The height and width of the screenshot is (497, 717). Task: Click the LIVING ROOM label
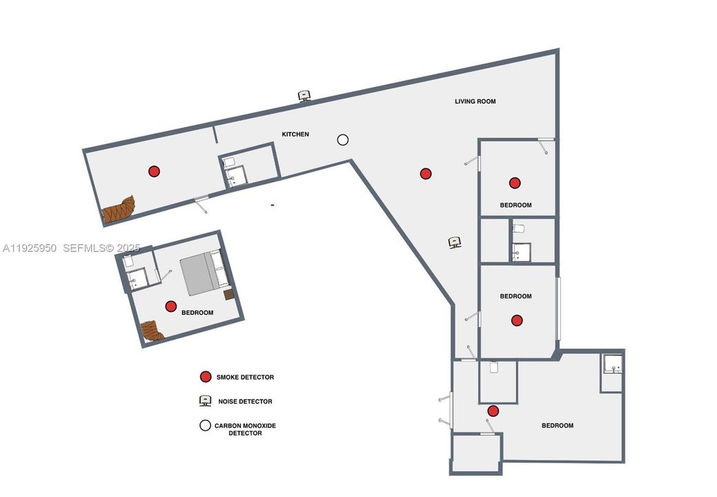[475, 101]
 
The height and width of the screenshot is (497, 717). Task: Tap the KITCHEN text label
[295, 134]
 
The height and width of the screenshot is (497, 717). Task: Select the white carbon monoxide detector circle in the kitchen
[342, 139]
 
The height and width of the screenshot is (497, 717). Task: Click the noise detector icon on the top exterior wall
[304, 96]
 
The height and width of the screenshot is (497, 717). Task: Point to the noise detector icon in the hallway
[455, 242]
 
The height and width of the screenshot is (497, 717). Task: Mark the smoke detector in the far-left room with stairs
[154, 171]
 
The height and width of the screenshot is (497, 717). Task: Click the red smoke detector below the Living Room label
[426, 174]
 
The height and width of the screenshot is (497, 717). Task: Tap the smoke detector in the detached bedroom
[170, 306]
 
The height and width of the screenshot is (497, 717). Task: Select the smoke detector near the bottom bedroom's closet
[493, 411]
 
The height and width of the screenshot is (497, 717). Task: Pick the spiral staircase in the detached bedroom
[151, 331]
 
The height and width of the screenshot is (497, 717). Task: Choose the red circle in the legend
[205, 377]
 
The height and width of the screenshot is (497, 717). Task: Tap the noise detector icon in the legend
[205, 401]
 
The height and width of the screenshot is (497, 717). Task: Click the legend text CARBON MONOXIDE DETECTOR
[245, 429]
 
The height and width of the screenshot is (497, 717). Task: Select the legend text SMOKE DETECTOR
[245, 378]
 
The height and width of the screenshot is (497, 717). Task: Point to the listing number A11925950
[30, 247]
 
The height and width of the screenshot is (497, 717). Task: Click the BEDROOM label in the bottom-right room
[557, 426]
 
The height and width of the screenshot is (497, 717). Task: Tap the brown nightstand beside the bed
[229, 295]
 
